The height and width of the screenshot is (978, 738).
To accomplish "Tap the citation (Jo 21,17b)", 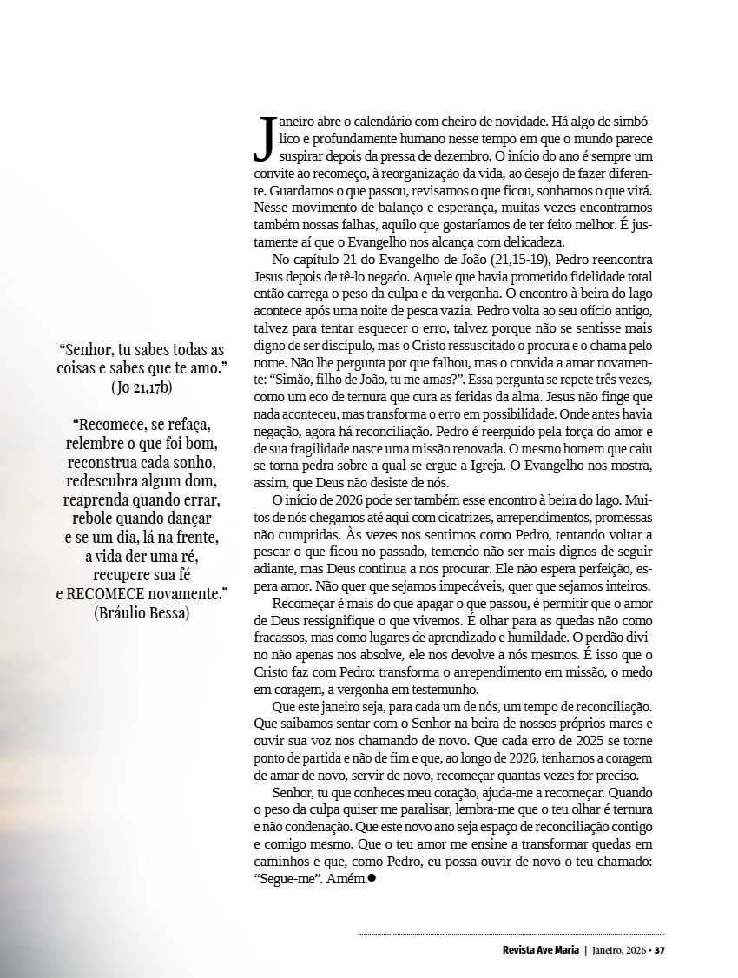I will click(x=142, y=387).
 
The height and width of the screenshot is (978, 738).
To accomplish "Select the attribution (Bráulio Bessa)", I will click(x=142, y=611).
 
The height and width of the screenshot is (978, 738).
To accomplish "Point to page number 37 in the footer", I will click(x=659, y=949).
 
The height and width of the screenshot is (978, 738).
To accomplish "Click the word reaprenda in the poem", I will click(x=99, y=501).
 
